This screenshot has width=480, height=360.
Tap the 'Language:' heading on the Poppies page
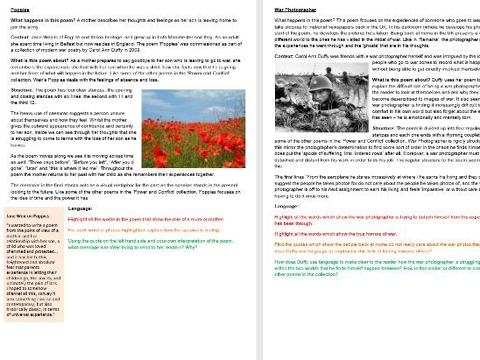80,209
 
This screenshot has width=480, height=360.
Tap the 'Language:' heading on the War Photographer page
286,205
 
